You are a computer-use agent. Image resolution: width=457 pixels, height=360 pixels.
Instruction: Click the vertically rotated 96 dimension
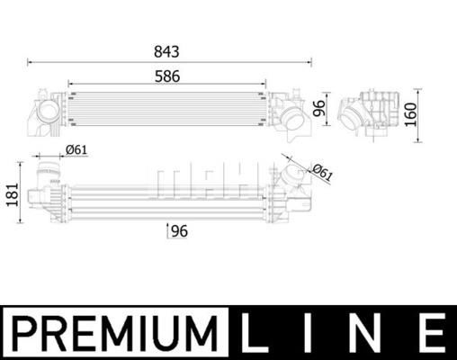click(318, 111)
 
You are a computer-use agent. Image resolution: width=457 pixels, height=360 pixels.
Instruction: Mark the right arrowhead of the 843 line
click(313, 61)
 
